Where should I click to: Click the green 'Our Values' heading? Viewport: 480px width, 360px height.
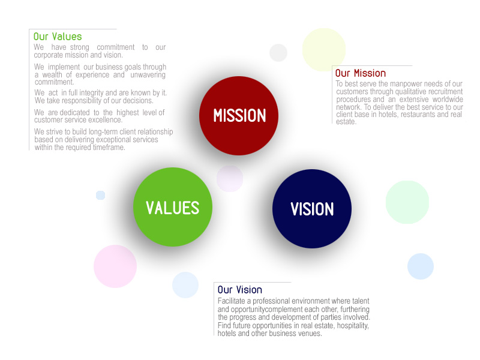(x=58, y=37)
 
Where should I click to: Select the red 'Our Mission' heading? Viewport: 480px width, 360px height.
(x=361, y=73)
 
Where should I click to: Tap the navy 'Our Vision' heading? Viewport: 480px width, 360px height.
(x=239, y=290)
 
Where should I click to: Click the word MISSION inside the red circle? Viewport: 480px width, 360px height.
(x=239, y=116)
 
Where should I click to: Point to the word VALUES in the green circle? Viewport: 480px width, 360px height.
(x=173, y=208)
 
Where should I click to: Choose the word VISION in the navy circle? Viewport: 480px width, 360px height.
(x=312, y=209)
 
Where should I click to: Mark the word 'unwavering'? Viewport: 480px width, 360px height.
(x=148, y=74)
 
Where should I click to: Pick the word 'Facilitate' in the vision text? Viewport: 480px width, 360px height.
(x=231, y=301)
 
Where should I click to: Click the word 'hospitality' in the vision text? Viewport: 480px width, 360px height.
(x=353, y=326)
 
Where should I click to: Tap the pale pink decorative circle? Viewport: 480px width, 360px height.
(x=115, y=266)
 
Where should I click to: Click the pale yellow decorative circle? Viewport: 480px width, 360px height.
(x=324, y=50)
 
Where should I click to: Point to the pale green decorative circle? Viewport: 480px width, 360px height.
(x=407, y=202)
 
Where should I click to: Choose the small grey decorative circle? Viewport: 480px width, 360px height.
(x=278, y=53)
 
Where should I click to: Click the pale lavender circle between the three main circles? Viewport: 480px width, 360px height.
(x=230, y=179)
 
